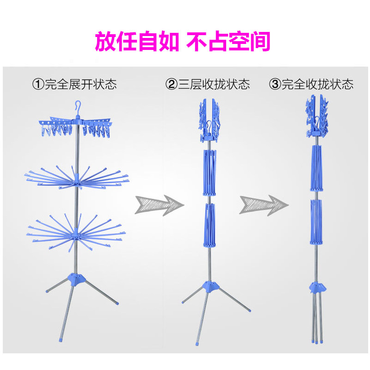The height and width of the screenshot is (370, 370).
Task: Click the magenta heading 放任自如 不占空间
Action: click(x=182, y=42)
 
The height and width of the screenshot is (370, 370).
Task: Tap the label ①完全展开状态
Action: click(x=74, y=84)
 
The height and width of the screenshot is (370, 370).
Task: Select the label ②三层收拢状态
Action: click(x=208, y=84)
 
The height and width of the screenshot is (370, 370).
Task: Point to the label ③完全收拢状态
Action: click(x=312, y=84)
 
